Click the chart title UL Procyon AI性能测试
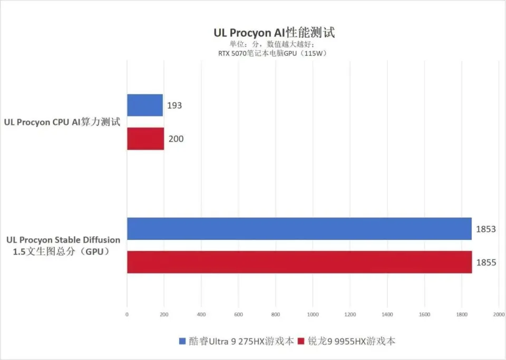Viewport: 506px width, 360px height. tap(274, 33)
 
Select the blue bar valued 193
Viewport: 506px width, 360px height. tap(145, 105)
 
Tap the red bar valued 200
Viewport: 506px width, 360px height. tap(145, 139)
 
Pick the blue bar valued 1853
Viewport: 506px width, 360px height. tap(299, 229)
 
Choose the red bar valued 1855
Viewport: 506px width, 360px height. tap(299, 262)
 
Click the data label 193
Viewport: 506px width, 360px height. tap(174, 105)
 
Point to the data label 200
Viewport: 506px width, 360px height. tap(176, 139)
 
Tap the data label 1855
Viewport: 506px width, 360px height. tap(485, 262)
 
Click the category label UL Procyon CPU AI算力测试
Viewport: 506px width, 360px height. tap(62, 122)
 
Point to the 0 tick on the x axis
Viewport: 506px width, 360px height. tap(127, 315)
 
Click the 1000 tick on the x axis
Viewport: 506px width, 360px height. tap(313, 315)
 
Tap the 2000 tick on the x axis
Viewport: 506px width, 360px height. tap(499, 315)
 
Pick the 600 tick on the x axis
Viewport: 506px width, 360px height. tap(238, 315)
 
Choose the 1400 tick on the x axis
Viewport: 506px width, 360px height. tap(387, 315)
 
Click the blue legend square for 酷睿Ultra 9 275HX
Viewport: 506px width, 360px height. tap(182, 341)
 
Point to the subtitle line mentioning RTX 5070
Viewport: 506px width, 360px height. tap(274, 53)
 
